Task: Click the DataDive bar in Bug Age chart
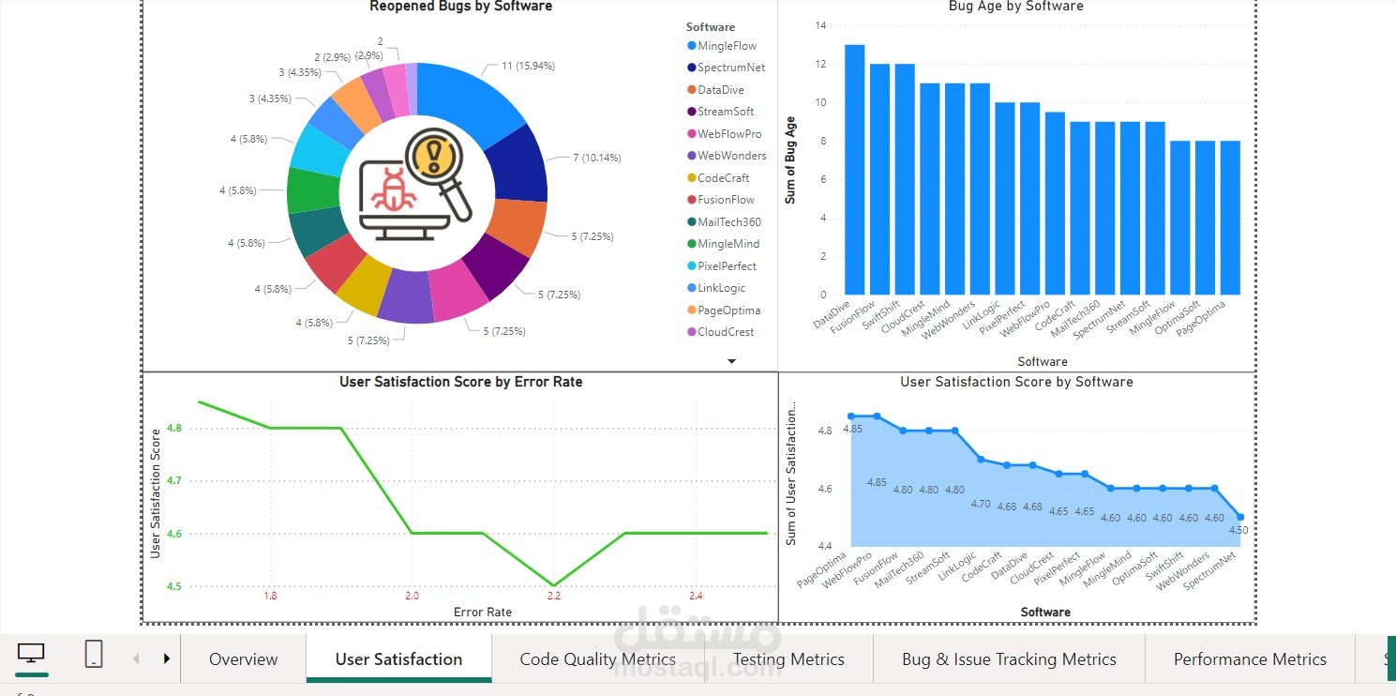click(854, 170)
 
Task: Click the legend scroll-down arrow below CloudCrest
click(732, 361)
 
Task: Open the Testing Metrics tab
click(788, 659)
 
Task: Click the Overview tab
click(243, 659)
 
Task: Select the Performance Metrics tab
click(1250, 659)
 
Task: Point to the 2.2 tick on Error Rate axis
click(553, 596)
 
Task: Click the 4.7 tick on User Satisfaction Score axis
click(174, 480)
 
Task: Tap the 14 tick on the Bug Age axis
click(821, 25)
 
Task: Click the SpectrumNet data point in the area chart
click(1240, 517)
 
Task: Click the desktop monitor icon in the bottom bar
click(32, 654)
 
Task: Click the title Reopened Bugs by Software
click(460, 7)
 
